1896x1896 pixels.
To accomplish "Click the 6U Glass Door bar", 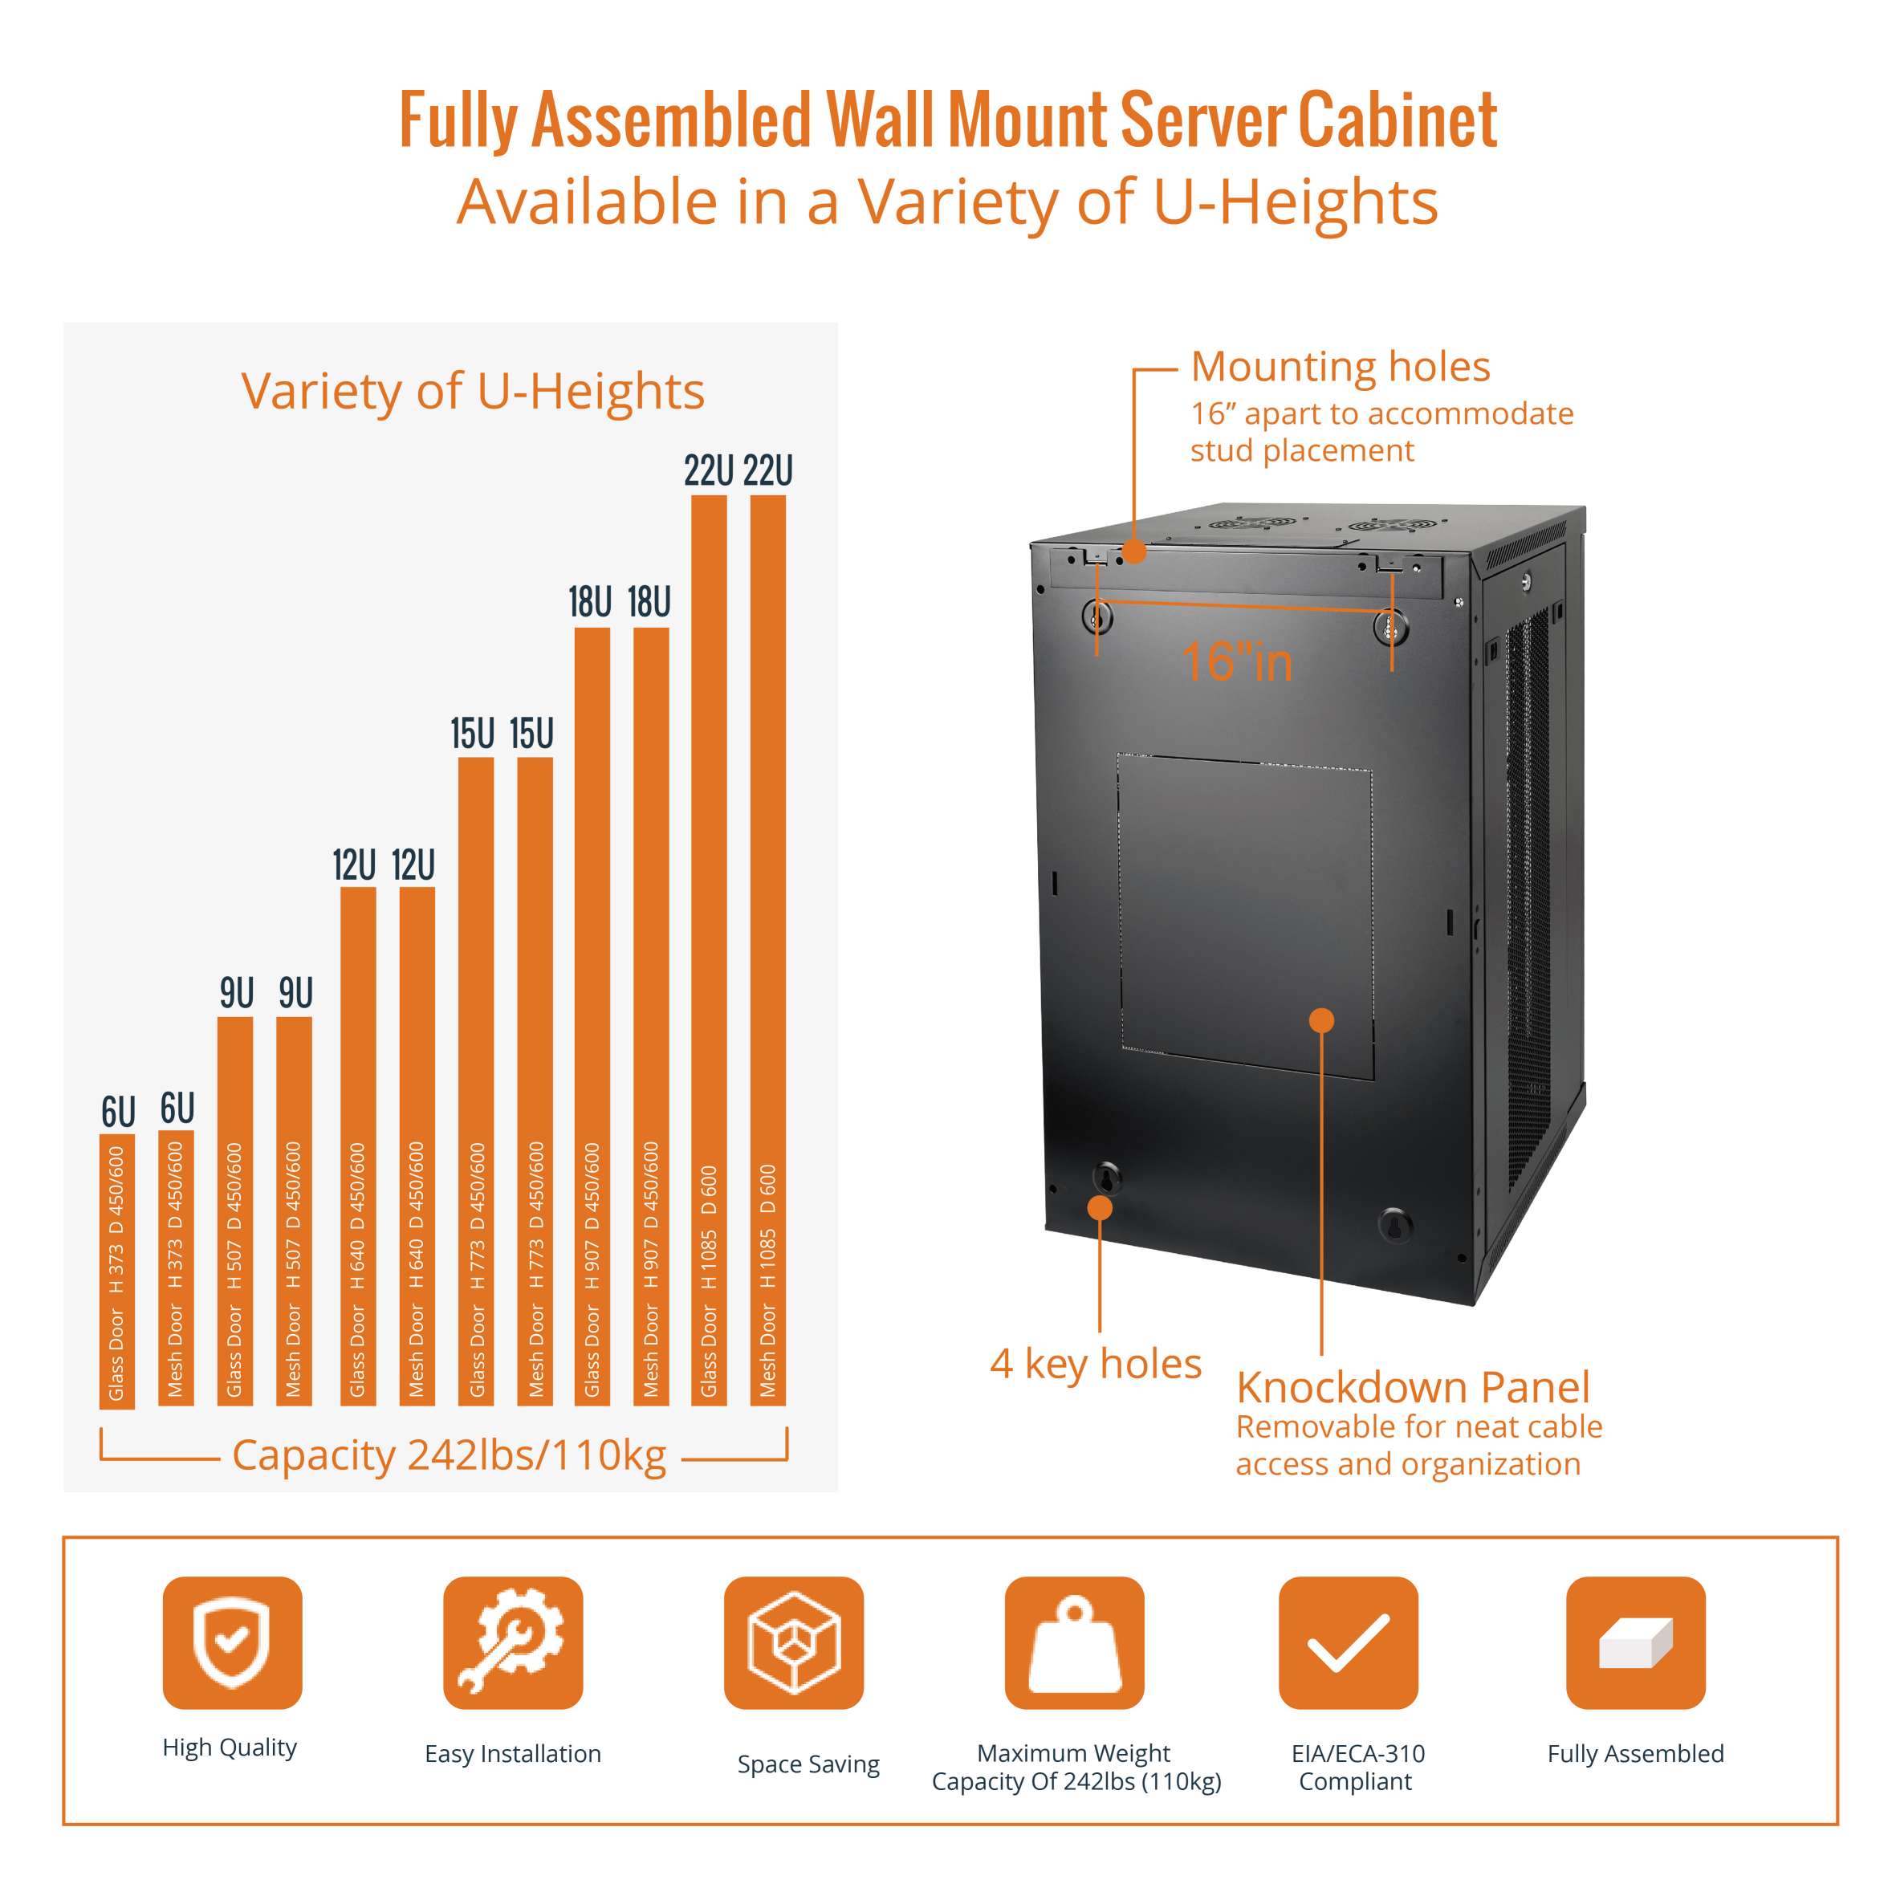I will click(x=116, y=1271).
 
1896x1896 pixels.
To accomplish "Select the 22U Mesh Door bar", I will click(x=767, y=950).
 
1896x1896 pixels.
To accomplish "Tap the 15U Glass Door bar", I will click(x=476, y=1081).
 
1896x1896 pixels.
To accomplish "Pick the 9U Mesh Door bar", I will click(x=295, y=1211).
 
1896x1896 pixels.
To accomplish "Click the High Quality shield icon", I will click(x=233, y=1643).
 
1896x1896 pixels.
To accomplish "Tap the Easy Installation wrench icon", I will click(x=512, y=1643).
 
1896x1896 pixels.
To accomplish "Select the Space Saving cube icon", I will click(x=793, y=1643).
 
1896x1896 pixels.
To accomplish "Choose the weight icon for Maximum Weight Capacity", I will click(x=1073, y=1643).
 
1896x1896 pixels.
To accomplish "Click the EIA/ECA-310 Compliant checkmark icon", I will click(x=1349, y=1643).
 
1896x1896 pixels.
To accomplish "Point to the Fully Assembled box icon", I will click(x=1635, y=1643).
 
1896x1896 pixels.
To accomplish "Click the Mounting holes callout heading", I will click(x=1340, y=367).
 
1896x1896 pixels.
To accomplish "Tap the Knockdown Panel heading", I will click(x=1412, y=1388).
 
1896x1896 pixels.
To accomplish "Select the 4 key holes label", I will click(x=1095, y=1363).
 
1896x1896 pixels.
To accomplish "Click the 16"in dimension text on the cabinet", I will click(x=1236, y=661).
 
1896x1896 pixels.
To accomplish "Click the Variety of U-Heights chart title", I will click(x=472, y=391).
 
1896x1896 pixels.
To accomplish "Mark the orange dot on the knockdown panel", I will click(x=1322, y=1020).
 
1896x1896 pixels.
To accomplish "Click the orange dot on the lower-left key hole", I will click(x=1100, y=1208).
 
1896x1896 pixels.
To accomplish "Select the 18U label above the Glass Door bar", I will click(x=590, y=601).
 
